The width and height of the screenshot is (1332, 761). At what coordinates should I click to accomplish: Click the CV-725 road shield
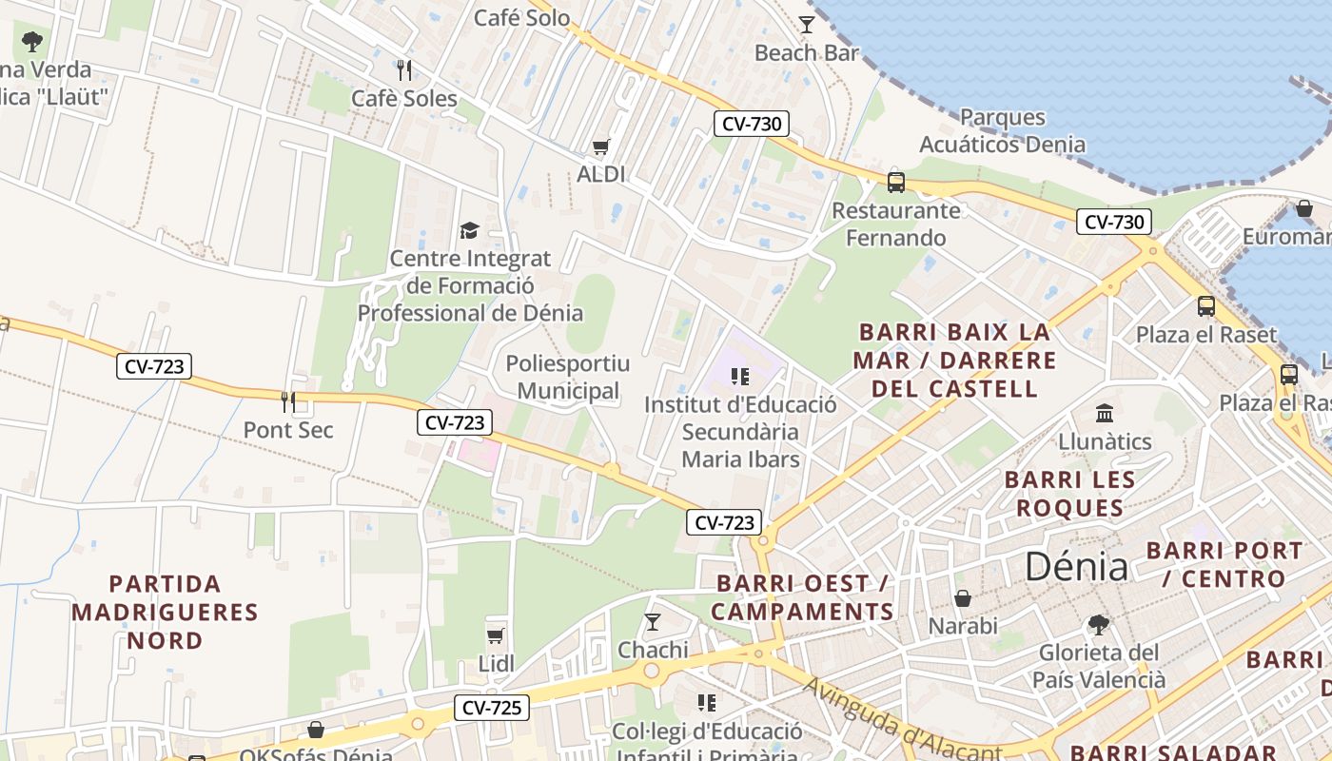[x=492, y=708]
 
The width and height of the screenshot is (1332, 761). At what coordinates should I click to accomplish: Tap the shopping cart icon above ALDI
[x=600, y=147]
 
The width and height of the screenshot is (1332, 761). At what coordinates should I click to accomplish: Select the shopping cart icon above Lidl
[x=495, y=635]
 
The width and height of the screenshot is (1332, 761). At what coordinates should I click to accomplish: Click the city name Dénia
[x=1076, y=567]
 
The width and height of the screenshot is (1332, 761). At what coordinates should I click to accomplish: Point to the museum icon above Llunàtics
[x=1105, y=414]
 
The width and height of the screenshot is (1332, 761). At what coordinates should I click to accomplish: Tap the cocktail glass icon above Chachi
[x=652, y=622]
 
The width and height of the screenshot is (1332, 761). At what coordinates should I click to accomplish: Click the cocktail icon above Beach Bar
[x=807, y=25]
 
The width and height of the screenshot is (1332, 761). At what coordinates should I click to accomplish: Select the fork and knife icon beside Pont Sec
[x=288, y=402]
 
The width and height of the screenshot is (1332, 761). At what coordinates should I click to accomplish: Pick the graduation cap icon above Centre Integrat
[x=469, y=230]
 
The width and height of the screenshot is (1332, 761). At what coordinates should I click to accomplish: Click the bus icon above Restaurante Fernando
[x=895, y=182]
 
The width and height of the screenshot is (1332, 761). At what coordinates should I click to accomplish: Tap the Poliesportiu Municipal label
[x=568, y=377]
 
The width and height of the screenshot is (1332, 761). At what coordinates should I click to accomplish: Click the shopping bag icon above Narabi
[x=963, y=598]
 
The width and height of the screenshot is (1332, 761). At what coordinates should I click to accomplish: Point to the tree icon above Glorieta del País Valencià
[x=1099, y=625]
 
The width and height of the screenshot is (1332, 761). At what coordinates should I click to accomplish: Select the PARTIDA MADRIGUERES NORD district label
[x=165, y=612]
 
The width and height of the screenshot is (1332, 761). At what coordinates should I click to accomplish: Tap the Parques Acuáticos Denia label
[x=1002, y=131]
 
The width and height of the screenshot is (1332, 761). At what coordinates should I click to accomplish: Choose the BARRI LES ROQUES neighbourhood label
[x=1069, y=494]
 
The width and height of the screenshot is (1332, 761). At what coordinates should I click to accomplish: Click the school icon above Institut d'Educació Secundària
[x=739, y=377]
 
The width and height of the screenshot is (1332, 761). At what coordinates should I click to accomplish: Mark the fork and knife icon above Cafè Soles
[x=404, y=70]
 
